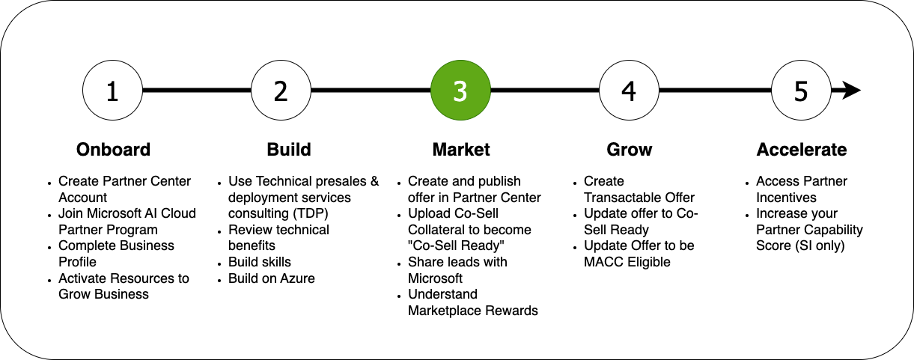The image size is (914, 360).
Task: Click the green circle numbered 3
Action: tap(460, 91)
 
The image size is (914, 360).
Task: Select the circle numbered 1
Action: tap(112, 91)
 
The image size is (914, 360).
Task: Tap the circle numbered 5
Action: tap(801, 91)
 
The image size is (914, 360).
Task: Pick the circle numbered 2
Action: tap(281, 91)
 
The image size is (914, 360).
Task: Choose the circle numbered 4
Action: tap(629, 91)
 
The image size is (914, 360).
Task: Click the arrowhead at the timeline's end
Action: tap(852, 91)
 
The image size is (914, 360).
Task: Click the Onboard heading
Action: tap(114, 150)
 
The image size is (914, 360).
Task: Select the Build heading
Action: tap(289, 150)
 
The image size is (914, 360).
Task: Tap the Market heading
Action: tap(461, 150)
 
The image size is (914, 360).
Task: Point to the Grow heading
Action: tap(630, 150)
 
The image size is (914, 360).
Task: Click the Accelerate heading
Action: tap(802, 150)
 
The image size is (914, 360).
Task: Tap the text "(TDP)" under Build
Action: tap(310, 213)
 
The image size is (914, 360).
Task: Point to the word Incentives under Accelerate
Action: tap(786, 198)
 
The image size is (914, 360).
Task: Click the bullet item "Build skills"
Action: tap(260, 262)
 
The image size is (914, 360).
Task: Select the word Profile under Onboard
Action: tap(78, 262)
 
